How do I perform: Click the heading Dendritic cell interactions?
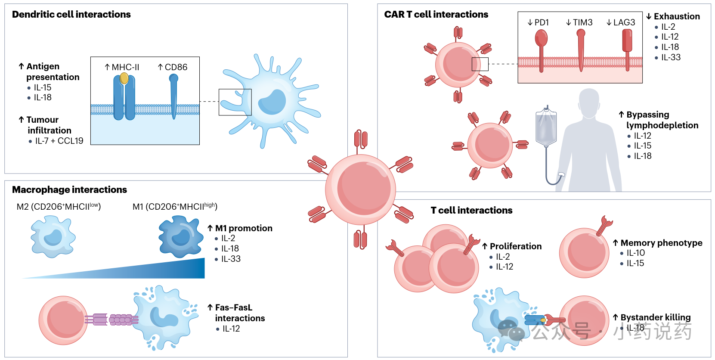click(71, 15)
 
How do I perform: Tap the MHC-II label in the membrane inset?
click(122, 67)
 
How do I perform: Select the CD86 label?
click(173, 67)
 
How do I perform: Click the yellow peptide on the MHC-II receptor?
click(124, 78)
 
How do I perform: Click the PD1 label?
click(539, 22)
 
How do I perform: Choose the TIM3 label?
click(579, 22)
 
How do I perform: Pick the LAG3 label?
click(621, 22)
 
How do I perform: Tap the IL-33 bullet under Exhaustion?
click(671, 57)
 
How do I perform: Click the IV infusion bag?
click(546, 127)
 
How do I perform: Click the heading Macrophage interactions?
click(69, 190)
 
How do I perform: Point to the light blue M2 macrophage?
click(53, 237)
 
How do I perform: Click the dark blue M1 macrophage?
click(181, 236)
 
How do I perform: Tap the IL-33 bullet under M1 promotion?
click(231, 259)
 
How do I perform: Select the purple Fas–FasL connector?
click(111, 320)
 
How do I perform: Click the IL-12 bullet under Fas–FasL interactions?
click(231, 329)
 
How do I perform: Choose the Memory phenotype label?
click(661, 243)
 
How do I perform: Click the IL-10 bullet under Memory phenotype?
click(635, 253)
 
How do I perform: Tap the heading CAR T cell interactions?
click(436, 15)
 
